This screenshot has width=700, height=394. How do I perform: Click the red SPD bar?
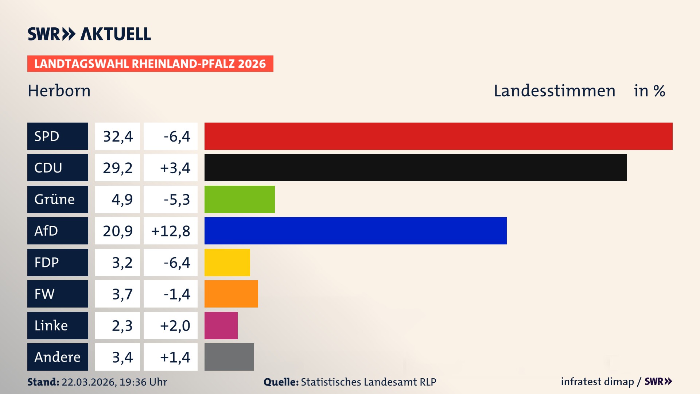438,136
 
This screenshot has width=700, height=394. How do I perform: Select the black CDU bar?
416,167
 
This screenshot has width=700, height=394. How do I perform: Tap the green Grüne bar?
240,199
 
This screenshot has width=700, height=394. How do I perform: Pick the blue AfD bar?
355,231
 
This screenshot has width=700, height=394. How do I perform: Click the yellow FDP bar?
227,262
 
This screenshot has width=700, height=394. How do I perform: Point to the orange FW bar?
231,294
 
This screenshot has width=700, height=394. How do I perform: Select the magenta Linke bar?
221,325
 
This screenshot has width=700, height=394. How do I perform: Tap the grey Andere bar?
229,357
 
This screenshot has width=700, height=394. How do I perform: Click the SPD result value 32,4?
118,136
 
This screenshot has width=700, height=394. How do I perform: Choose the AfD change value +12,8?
171,231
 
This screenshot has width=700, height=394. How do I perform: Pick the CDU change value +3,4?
175,168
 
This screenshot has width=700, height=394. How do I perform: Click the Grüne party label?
55,199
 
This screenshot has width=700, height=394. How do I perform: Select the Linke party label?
51,325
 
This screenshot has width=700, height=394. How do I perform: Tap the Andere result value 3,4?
122,357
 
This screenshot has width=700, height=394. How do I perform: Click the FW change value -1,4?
177,294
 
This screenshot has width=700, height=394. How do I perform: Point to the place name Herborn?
59,91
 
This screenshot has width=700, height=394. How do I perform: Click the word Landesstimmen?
554,91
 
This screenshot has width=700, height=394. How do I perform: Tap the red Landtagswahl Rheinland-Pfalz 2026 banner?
150,64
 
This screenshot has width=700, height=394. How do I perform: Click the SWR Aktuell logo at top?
89,34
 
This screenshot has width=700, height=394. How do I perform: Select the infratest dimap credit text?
597,382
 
